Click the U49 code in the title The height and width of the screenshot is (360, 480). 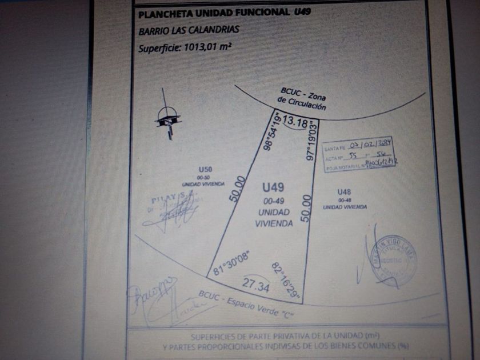302,11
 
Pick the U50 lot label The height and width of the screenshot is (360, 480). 205,169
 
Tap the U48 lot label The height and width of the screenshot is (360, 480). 344,191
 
